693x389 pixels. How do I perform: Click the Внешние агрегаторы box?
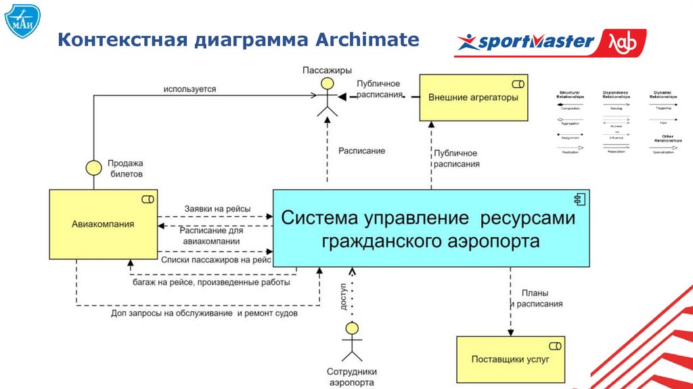pos(473,97)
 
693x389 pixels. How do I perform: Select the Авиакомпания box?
pos(103,224)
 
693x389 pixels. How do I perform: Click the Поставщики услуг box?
pos(510,359)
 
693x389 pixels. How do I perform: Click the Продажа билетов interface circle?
pos(93,167)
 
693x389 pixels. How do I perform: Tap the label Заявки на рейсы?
pos(217,209)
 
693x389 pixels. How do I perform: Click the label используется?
pos(189,89)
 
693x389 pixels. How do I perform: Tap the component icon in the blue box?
pos(579,199)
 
